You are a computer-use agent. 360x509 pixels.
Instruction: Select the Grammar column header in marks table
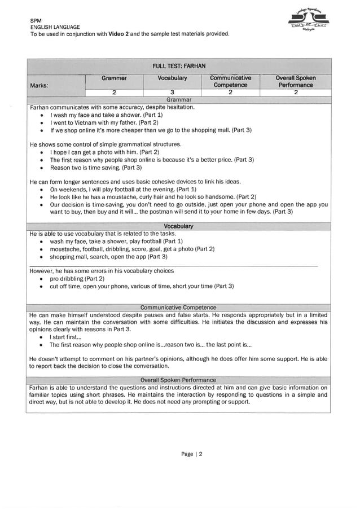point(114,77)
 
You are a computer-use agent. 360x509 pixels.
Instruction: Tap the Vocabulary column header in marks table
point(172,77)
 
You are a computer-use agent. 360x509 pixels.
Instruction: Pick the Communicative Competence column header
point(231,81)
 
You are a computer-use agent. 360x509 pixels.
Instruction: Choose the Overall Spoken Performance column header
point(296,81)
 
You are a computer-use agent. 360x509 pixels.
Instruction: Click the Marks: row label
point(40,85)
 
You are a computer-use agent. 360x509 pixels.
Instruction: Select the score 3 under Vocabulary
point(172,93)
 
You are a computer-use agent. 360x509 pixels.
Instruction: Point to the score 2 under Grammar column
point(114,93)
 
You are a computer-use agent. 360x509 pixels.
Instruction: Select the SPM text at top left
point(36,20)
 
